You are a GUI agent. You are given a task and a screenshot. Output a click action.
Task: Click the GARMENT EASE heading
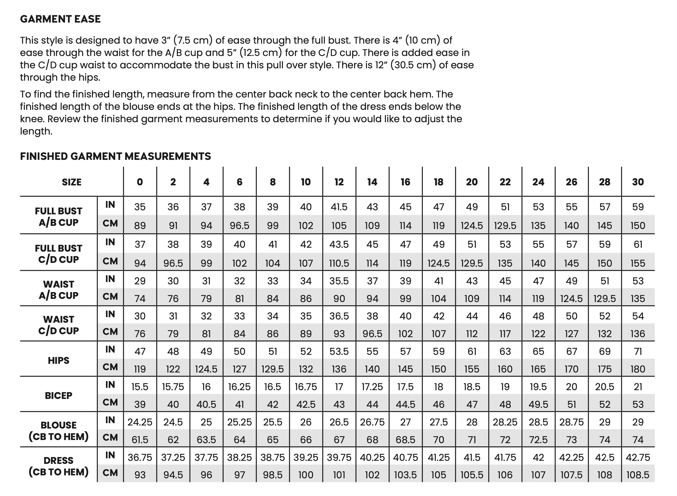tap(60, 19)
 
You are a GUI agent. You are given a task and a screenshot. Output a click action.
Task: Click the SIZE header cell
tap(71, 182)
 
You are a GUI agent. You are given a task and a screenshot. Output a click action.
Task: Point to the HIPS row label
tap(59, 360)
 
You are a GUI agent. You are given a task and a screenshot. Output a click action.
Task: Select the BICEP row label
tap(59, 396)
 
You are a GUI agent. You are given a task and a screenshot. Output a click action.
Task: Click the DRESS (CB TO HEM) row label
tap(59, 466)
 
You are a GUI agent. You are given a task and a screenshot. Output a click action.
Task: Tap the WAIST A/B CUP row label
tap(59, 290)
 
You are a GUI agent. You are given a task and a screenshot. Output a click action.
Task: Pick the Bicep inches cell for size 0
tap(140, 387)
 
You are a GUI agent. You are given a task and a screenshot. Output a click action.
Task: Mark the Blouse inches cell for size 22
tap(505, 422)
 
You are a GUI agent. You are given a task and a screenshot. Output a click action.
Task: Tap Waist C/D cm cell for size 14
tap(372, 334)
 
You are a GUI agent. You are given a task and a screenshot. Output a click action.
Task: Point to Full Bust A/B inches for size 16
tap(406, 207)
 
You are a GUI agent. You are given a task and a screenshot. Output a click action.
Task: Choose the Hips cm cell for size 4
tap(206, 369)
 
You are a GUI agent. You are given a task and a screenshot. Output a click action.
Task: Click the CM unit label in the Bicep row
tap(110, 402)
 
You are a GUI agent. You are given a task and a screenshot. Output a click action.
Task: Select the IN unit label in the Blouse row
tap(110, 420)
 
